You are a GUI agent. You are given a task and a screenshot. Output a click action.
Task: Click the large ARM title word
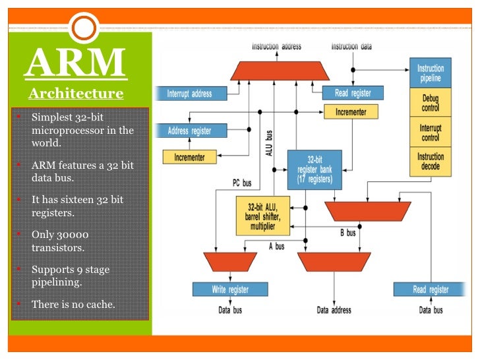[76, 62]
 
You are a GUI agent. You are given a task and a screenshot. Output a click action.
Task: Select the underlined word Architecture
[76, 93]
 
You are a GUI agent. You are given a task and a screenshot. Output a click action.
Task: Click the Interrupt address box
[189, 94]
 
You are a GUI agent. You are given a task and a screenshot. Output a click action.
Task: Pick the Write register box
[230, 289]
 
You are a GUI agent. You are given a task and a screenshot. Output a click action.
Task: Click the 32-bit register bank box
[314, 169]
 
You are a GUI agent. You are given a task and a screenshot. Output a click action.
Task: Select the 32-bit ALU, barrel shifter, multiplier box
[262, 214]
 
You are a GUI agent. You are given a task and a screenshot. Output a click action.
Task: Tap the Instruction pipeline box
[430, 73]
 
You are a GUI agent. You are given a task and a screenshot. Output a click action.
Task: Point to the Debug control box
[430, 103]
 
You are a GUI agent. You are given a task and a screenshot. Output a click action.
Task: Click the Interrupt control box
[430, 133]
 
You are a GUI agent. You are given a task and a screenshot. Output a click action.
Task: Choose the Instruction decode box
[430, 162]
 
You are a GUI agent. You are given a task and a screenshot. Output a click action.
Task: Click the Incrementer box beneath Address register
[189, 158]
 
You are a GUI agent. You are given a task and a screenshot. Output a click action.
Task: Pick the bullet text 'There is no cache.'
[73, 304]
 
